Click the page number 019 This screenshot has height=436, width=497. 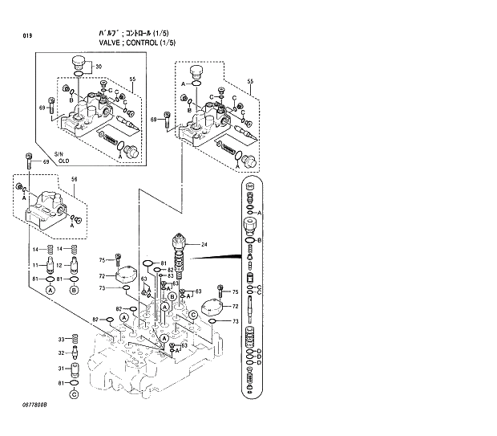pos(27,35)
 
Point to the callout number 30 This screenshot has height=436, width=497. pos(99,66)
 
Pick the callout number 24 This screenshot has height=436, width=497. pos(204,245)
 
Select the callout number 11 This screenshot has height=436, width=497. pos(36,264)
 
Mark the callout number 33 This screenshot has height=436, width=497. pos(60,338)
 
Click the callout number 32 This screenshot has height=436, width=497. pos(60,352)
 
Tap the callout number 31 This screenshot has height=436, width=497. pos(60,369)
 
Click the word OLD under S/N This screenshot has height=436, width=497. pos(63,161)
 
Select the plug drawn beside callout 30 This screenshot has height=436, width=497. pos(79,63)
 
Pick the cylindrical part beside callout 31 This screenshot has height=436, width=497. pos(75,369)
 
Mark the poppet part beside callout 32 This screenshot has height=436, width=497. pos(75,352)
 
